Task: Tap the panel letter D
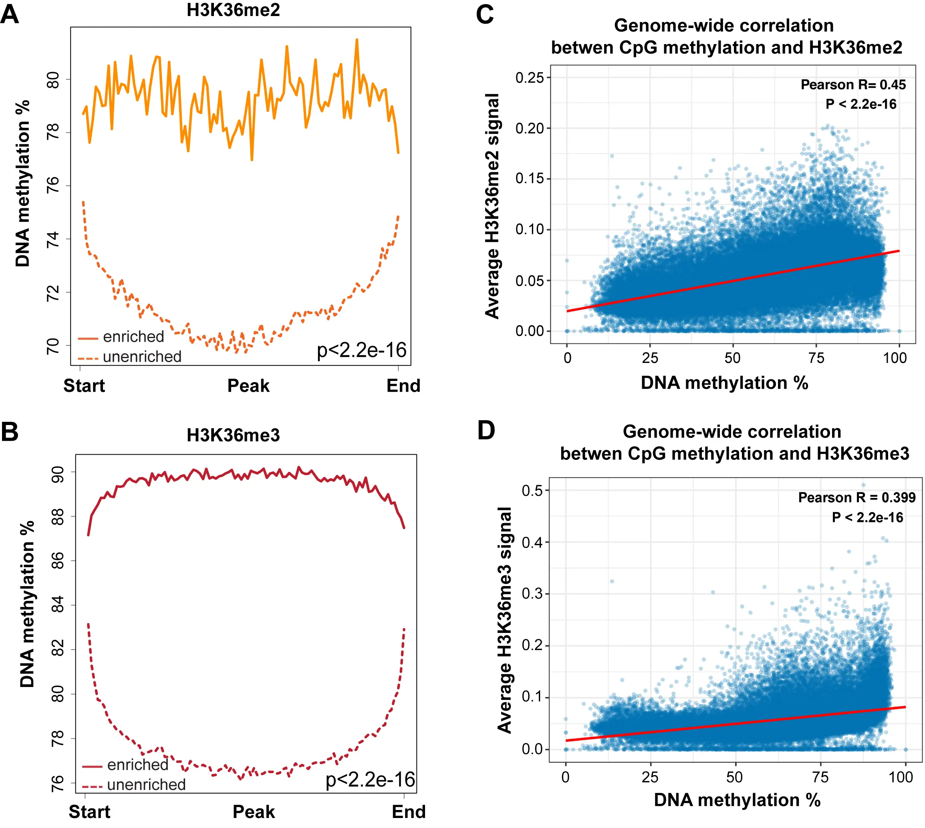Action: pos(486,430)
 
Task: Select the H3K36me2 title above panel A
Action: pos(233,10)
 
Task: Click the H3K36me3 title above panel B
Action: pos(233,435)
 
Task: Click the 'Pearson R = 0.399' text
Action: pos(856,497)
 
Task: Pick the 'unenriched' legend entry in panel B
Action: pos(146,785)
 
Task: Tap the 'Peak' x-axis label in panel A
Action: pos(248,386)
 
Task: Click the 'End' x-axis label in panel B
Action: pos(409,812)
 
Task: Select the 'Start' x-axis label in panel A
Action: pos(84,386)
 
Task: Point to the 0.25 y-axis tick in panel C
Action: pos(530,78)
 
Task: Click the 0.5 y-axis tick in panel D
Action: pos(532,491)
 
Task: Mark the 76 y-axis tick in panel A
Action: pos(53,185)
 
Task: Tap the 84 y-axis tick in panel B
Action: pos(58,605)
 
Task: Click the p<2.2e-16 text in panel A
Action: pos(361,350)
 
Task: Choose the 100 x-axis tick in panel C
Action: pos(895,358)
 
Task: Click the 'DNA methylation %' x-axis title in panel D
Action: pos(737,800)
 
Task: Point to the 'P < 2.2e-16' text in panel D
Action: pos(867,517)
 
